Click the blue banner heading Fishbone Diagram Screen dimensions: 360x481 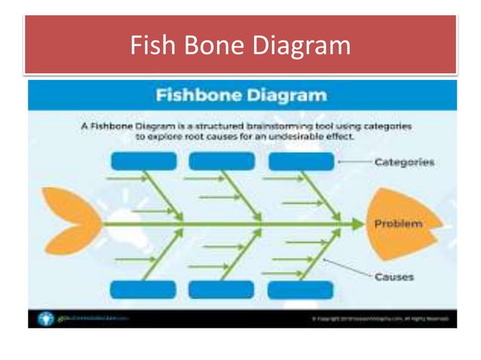click(x=241, y=96)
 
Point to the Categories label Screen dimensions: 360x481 click(x=404, y=162)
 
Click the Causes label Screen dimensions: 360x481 click(x=394, y=276)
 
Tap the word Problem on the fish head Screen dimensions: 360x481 click(x=399, y=224)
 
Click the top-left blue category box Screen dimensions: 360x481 click(x=143, y=161)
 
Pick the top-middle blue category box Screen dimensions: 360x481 click(x=221, y=161)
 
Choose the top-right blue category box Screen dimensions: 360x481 click(x=300, y=161)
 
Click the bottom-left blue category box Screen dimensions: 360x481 click(x=143, y=289)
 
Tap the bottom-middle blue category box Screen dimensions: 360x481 click(x=221, y=289)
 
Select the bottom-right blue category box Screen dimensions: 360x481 click(x=300, y=289)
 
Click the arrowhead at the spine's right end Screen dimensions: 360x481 click(x=357, y=224)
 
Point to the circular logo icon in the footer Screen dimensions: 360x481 click(x=44, y=317)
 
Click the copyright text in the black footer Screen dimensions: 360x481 click(x=381, y=319)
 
